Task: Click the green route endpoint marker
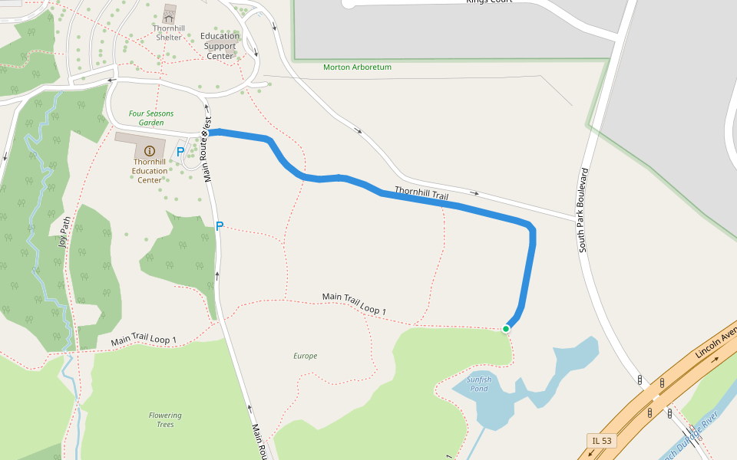(x=506, y=329)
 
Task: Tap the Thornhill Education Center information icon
(x=150, y=151)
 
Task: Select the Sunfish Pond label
(x=478, y=383)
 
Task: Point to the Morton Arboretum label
(x=357, y=67)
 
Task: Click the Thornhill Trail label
(x=421, y=193)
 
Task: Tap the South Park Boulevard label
(x=584, y=209)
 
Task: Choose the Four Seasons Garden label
(x=151, y=118)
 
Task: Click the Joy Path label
(x=64, y=233)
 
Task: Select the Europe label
(x=305, y=356)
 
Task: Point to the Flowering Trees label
(x=165, y=419)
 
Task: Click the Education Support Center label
(x=220, y=46)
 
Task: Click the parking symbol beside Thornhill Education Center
(x=180, y=152)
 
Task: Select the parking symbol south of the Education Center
(x=219, y=226)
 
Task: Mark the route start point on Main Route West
(x=205, y=133)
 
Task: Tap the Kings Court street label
(x=488, y=2)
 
